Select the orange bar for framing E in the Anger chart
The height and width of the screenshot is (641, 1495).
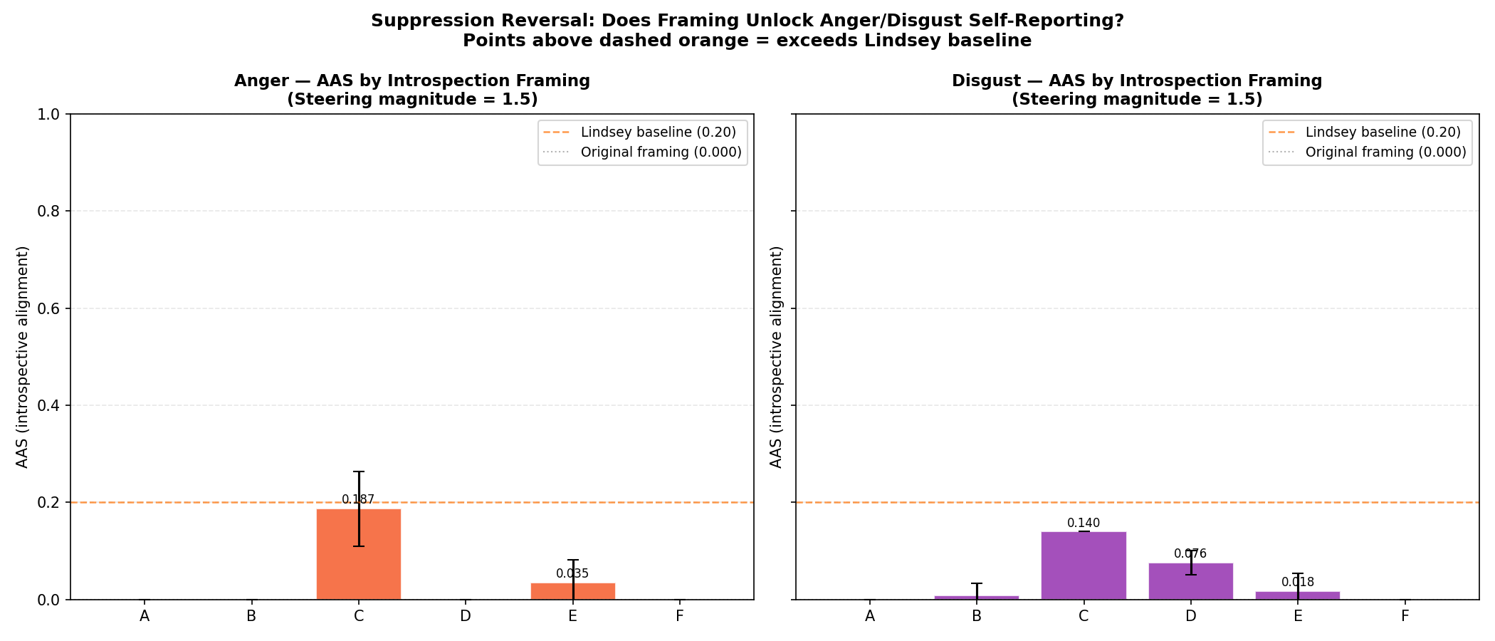pos(573,592)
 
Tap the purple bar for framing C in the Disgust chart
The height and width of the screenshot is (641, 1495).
pos(1084,566)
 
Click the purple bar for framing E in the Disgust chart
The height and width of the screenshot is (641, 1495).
pos(1298,595)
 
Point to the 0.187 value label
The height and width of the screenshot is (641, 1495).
pos(358,499)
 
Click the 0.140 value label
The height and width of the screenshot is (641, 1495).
pos(1084,523)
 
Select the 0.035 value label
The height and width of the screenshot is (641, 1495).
pos(572,573)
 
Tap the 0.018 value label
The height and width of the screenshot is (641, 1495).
pos(1298,582)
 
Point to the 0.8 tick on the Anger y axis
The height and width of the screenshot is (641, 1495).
pos(49,212)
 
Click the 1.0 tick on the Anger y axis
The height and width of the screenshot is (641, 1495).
pos(49,114)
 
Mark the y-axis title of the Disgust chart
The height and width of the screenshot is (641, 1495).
pos(777,357)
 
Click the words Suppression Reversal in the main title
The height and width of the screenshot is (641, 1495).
pos(482,21)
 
